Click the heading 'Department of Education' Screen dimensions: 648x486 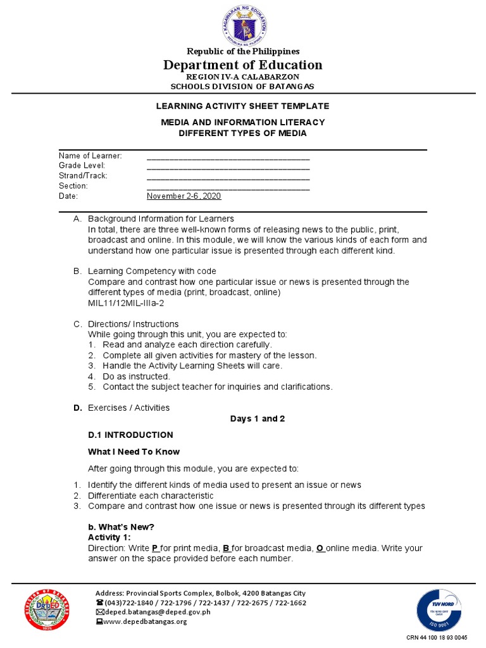tap(242, 65)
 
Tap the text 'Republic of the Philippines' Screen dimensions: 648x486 tap(242, 51)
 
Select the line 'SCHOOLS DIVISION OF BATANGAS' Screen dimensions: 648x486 tap(242, 86)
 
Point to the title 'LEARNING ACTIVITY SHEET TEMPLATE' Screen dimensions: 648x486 tap(243, 106)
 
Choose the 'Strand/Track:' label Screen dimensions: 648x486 tap(83, 176)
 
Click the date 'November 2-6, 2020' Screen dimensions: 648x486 tap(184, 196)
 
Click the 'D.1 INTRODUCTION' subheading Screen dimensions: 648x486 tap(130, 435)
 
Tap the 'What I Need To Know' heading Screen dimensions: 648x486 tap(134, 452)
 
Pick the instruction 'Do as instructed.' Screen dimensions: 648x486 tap(136, 377)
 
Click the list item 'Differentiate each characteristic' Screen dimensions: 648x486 tap(151, 495)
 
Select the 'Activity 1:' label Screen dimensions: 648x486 tap(109, 537)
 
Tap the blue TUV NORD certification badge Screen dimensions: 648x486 tap(439, 610)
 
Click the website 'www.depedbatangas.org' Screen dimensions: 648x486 tap(145, 621)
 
